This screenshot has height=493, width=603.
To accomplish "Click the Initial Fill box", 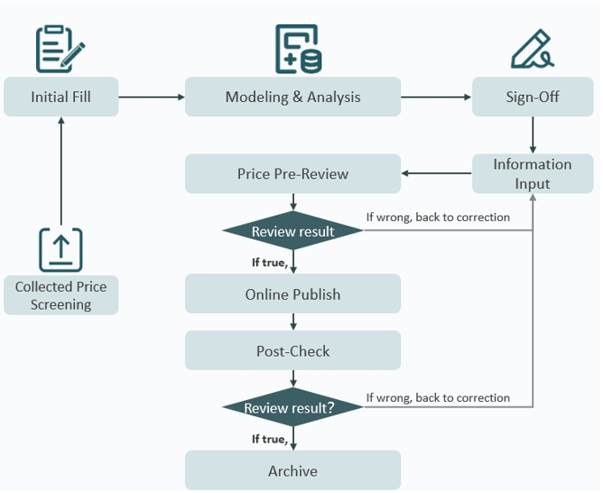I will [x=60, y=97].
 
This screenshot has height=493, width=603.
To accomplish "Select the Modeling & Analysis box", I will [x=292, y=97].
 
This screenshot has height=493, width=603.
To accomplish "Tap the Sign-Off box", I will [x=533, y=97].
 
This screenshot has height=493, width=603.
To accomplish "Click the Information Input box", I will [x=533, y=173].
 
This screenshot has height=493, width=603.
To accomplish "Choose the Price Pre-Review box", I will [x=292, y=173].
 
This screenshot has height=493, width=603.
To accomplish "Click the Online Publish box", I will [x=292, y=294].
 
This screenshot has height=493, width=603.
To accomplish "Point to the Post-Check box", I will [x=292, y=350].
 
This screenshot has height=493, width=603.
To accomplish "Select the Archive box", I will [x=292, y=470].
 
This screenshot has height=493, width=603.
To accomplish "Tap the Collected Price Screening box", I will [x=60, y=295].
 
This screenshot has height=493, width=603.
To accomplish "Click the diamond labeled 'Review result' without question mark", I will [x=292, y=231].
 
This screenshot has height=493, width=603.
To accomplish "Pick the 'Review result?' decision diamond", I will [x=292, y=408].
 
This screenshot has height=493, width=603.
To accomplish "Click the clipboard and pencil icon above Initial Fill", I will [x=60, y=49].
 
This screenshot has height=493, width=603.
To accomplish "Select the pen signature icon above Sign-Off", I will [x=533, y=51].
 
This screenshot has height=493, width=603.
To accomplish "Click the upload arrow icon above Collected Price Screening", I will [x=60, y=248].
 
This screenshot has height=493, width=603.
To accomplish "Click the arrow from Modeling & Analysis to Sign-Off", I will [x=436, y=97].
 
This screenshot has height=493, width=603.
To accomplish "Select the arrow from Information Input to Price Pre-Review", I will [x=436, y=172].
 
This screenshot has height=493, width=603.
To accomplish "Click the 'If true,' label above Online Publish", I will [x=269, y=263].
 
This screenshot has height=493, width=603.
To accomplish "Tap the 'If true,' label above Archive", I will [x=269, y=439].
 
